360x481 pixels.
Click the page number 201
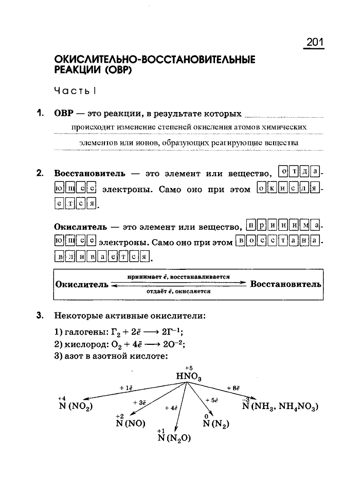(x=314, y=43)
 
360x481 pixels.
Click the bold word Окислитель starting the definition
(x=80, y=226)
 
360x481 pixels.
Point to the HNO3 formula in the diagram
(x=189, y=377)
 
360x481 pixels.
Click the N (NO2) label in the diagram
(x=75, y=408)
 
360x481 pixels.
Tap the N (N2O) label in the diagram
(x=174, y=438)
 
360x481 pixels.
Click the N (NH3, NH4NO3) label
(x=280, y=407)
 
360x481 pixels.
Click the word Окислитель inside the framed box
(x=82, y=284)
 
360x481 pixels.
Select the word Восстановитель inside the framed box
(x=285, y=284)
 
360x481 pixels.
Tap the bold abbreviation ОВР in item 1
(x=64, y=113)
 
